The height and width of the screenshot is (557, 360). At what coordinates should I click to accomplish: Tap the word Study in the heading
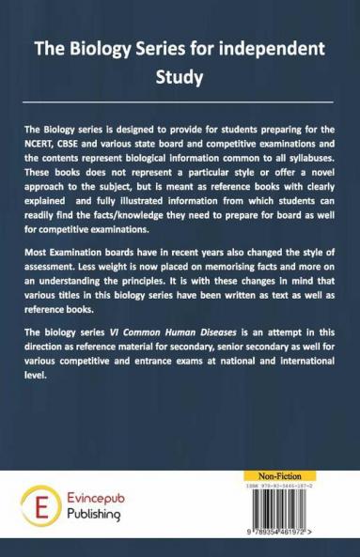180,77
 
